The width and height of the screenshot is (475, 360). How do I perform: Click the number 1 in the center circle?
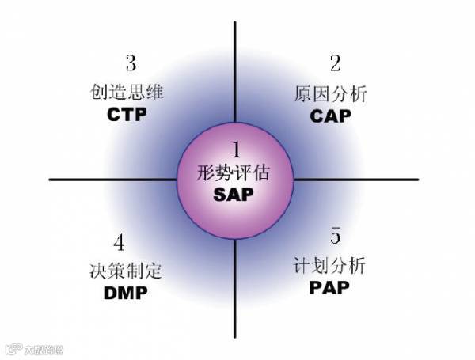pos(235,150)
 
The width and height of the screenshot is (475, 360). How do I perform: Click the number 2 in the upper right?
pos(336,63)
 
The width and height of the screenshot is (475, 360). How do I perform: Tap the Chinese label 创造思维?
pos(127,91)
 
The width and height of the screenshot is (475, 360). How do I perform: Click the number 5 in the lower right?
pos(336,236)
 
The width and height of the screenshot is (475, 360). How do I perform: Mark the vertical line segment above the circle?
pos(235,71)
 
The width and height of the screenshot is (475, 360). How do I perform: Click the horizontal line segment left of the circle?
pos(111,180)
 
